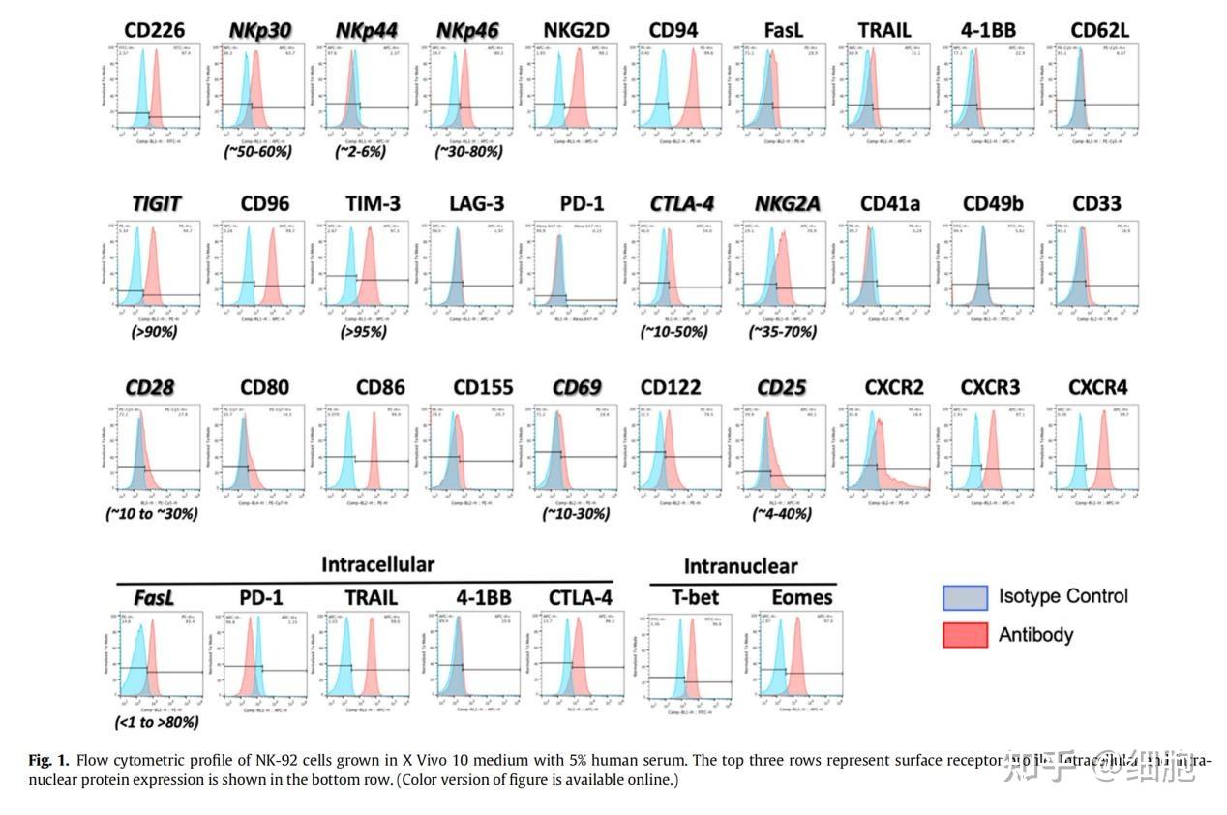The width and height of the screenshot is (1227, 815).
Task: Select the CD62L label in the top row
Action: tap(1099, 30)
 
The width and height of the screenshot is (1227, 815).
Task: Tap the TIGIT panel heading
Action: tap(157, 204)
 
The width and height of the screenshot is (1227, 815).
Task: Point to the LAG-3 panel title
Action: tap(476, 204)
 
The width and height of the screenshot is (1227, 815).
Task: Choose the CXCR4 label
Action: tap(1097, 387)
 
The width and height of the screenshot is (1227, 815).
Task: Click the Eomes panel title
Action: tap(802, 597)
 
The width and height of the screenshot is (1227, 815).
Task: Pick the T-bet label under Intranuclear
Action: tap(695, 597)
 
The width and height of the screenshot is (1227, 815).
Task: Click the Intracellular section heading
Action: tap(377, 564)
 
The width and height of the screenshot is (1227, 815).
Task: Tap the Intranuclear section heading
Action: tap(740, 566)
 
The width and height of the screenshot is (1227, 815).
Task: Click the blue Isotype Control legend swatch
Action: tap(965, 597)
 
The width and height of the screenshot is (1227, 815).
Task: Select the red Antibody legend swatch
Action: tap(965, 635)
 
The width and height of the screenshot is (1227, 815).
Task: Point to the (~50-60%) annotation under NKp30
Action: tap(257, 151)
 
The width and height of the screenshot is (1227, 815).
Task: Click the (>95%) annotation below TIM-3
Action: tap(363, 332)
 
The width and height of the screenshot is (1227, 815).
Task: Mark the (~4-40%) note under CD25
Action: tap(781, 514)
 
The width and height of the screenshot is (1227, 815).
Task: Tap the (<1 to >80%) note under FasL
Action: tap(156, 722)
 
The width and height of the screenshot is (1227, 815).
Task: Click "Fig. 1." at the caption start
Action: tap(49, 760)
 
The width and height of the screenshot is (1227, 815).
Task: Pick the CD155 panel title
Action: tap(483, 387)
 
